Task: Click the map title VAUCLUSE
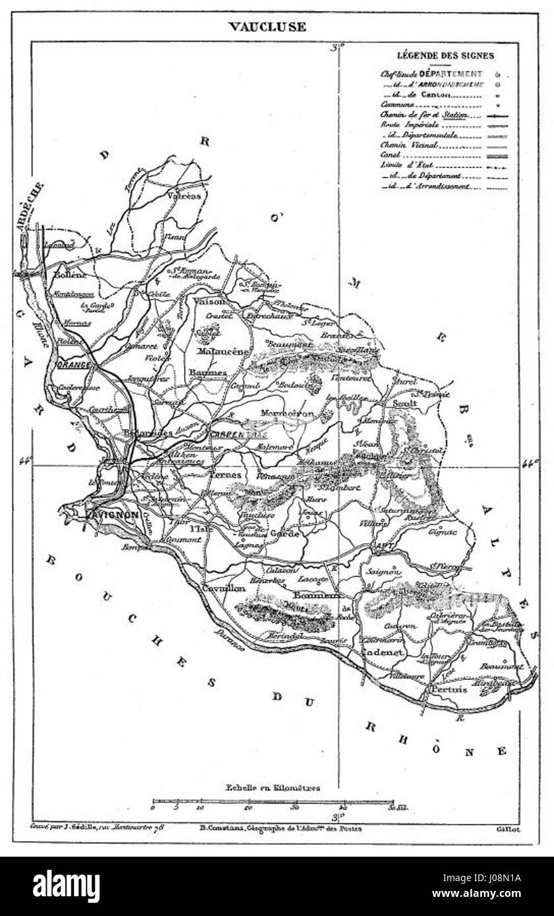267,27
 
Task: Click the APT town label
382,546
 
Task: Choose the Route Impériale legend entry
404,124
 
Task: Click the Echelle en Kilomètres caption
272,786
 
